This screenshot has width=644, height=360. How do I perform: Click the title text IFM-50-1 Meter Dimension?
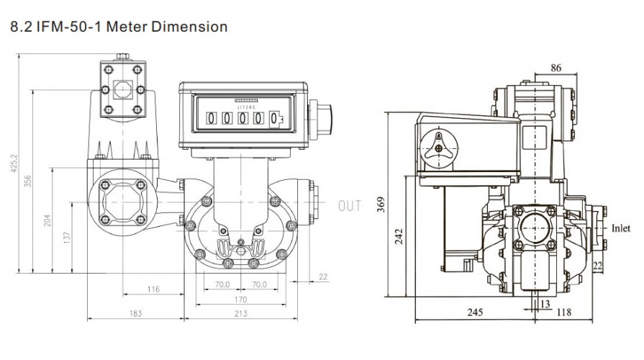click(116, 27)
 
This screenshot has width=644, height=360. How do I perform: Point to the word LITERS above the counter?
click(247, 105)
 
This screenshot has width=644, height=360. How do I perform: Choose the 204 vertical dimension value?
click(48, 220)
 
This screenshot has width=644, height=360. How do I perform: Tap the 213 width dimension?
click(241, 313)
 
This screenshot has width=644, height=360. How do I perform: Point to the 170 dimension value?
click(241, 299)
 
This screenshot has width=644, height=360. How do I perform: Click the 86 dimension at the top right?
click(556, 69)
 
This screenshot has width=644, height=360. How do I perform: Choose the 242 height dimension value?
click(399, 236)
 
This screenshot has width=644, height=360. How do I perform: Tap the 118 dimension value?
click(563, 312)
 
